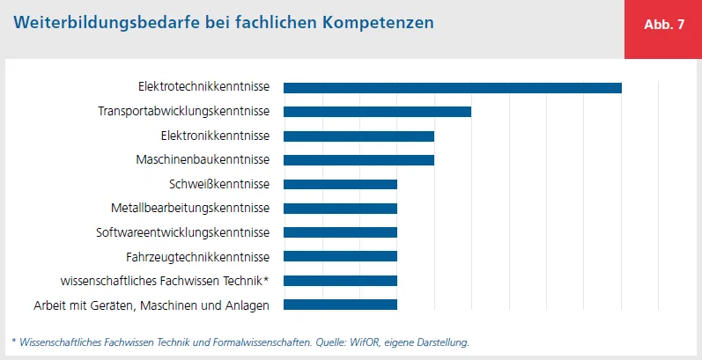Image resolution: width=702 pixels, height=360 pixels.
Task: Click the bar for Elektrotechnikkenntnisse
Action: point(452,87)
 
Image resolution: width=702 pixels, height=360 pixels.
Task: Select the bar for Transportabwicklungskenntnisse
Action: point(377,112)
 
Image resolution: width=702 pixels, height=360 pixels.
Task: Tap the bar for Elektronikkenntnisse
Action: point(358,136)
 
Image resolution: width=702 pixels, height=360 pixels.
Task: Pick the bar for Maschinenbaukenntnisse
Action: point(358,159)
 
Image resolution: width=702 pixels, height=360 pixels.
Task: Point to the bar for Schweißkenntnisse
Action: point(340,184)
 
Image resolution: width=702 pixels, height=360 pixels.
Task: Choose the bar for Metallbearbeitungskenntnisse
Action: point(340,209)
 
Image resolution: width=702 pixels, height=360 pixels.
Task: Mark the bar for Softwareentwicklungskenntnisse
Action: point(340,232)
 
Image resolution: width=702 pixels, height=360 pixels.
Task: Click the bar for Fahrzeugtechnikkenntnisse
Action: point(340,257)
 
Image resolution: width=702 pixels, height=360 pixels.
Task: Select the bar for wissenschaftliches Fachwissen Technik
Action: point(340,281)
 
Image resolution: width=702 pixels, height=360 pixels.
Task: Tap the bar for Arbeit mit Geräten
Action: point(340,305)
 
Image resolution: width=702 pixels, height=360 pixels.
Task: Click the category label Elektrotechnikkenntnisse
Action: point(203,87)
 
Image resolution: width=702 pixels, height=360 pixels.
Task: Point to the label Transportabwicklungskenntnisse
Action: point(183,112)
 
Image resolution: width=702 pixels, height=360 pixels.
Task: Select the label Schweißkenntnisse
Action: point(218,184)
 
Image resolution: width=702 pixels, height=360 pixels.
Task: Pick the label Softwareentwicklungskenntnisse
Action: point(182,232)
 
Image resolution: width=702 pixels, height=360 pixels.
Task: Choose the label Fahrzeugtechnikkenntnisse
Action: point(198,257)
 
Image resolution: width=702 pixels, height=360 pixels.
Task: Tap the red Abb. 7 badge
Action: point(663,25)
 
